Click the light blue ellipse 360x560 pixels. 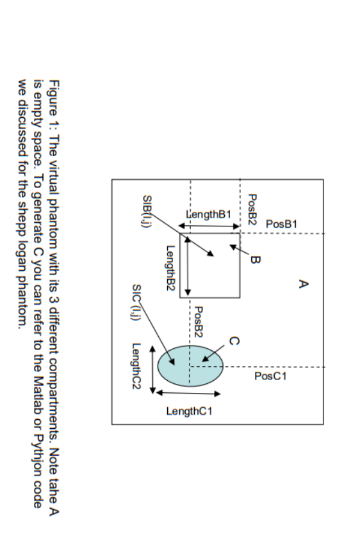click(x=190, y=365)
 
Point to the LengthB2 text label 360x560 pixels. click(x=170, y=269)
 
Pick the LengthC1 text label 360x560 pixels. click(x=189, y=411)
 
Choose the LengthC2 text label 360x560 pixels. click(x=136, y=365)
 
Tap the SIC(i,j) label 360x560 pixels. click(x=136, y=301)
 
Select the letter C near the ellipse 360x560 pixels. click(x=234, y=341)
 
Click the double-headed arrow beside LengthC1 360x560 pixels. click(x=188, y=394)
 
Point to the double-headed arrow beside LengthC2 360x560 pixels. click(x=152, y=369)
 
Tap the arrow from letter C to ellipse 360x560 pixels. click(x=215, y=352)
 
